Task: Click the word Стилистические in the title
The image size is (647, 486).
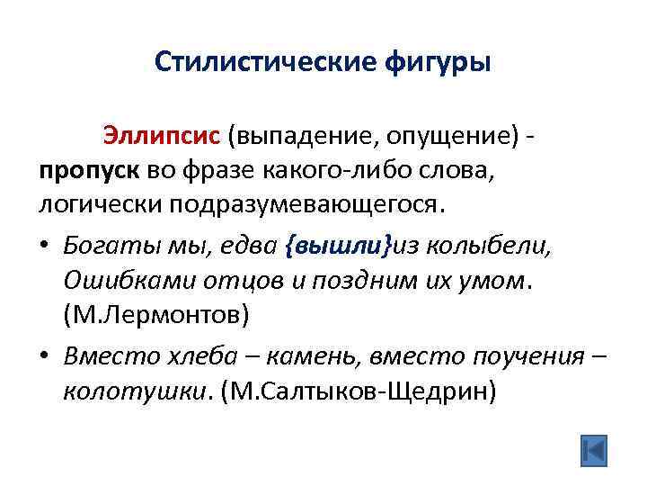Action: [253, 62]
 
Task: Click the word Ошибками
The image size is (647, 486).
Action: [118, 281]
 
